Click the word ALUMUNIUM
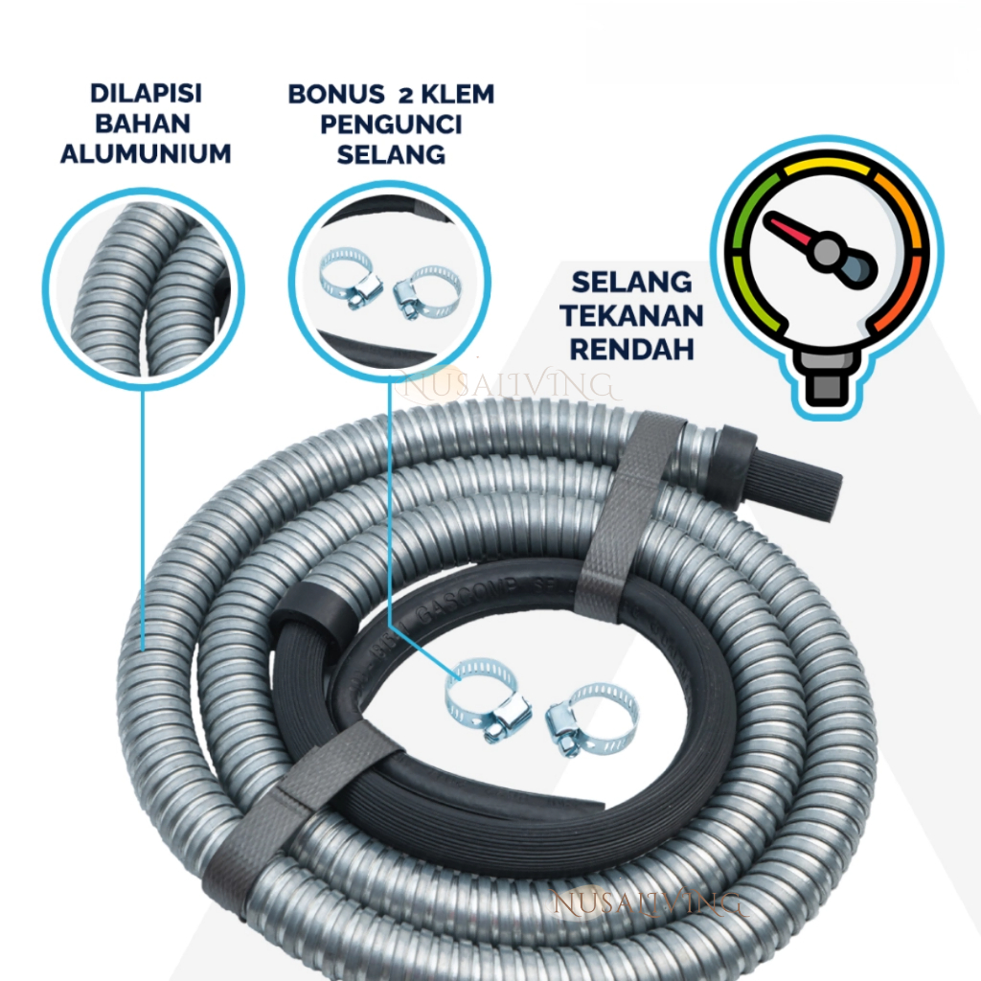[x=146, y=153]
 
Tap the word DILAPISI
[x=146, y=94]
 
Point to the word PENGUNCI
[x=391, y=124]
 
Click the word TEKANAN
[x=632, y=315]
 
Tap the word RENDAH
[x=632, y=348]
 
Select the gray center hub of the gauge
[x=826, y=253]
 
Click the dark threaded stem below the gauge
[x=825, y=383]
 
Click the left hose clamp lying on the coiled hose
[x=487, y=699]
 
